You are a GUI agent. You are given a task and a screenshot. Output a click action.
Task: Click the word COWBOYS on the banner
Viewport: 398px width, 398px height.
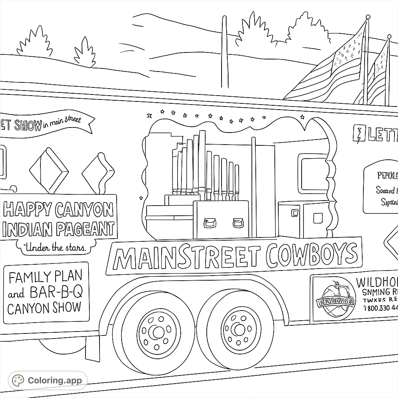coord(312,255)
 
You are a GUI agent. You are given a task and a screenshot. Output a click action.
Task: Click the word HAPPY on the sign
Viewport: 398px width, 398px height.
coord(27,210)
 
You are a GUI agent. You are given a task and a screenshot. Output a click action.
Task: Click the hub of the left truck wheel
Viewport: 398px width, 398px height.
coord(159,332)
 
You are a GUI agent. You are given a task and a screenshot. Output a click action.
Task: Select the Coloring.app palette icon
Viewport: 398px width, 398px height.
coord(18,381)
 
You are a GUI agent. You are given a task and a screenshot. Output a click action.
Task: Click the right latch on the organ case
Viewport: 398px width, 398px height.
coord(238,223)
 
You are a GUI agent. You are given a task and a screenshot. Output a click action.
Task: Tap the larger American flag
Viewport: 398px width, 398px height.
coord(334,70)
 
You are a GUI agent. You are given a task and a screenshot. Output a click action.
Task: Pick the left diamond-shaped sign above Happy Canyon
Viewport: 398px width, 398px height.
coord(49,170)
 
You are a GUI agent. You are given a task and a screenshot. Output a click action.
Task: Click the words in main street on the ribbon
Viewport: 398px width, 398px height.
coord(62,122)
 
